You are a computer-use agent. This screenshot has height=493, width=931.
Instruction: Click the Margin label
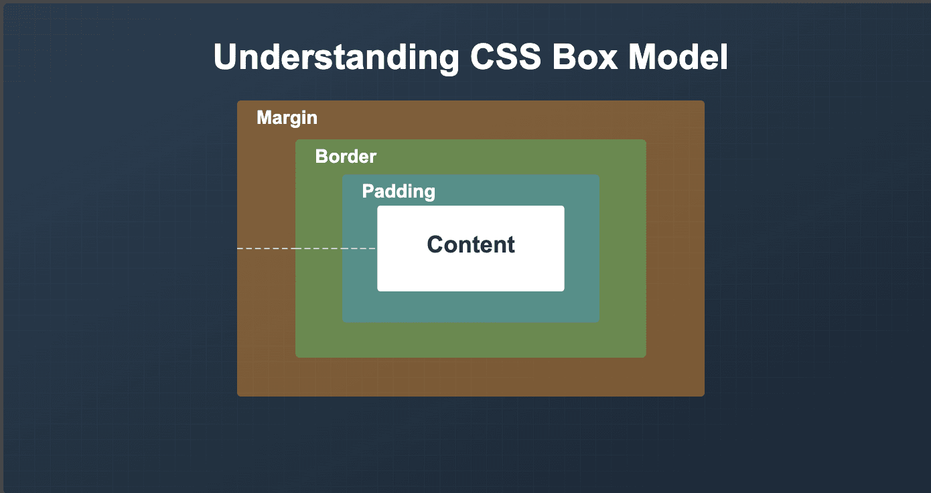coord(287,118)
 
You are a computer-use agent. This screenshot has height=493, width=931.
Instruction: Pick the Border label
coord(346,157)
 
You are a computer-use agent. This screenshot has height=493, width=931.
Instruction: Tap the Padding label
coord(399,192)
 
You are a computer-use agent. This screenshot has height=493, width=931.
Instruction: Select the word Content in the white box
coord(471,244)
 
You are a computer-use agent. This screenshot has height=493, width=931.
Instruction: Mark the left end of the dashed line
coord(238,249)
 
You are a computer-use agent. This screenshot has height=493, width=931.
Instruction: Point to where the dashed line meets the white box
coord(377,249)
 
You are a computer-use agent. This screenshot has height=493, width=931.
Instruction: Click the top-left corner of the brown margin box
coord(238,102)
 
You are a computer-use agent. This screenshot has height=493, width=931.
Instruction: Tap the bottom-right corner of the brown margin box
coord(703,395)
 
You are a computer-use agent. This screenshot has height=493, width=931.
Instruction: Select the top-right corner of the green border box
coord(645,141)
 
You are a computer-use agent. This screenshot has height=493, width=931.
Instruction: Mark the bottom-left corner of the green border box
coord(297,356)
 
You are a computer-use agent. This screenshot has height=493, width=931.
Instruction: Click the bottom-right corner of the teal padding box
coord(598,322)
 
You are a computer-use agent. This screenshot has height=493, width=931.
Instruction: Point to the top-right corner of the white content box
coord(563,207)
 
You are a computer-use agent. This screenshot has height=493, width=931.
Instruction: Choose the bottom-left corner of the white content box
coord(378,290)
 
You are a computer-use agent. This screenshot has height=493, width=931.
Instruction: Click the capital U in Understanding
coord(224,58)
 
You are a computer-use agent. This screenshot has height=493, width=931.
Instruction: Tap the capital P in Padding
coord(368,192)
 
